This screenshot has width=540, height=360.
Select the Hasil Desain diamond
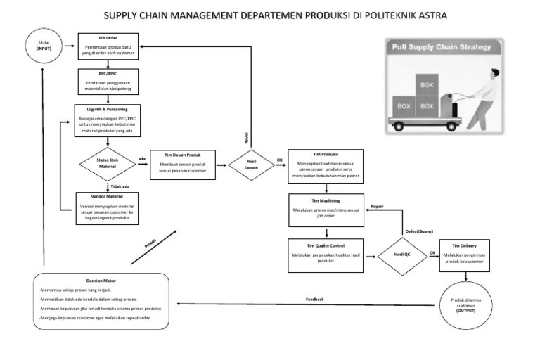[251, 165]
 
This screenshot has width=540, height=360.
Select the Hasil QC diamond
[402, 255]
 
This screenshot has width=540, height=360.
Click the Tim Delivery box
[465, 255]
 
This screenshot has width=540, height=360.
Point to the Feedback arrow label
[315, 299]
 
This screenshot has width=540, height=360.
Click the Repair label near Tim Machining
[377, 207]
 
